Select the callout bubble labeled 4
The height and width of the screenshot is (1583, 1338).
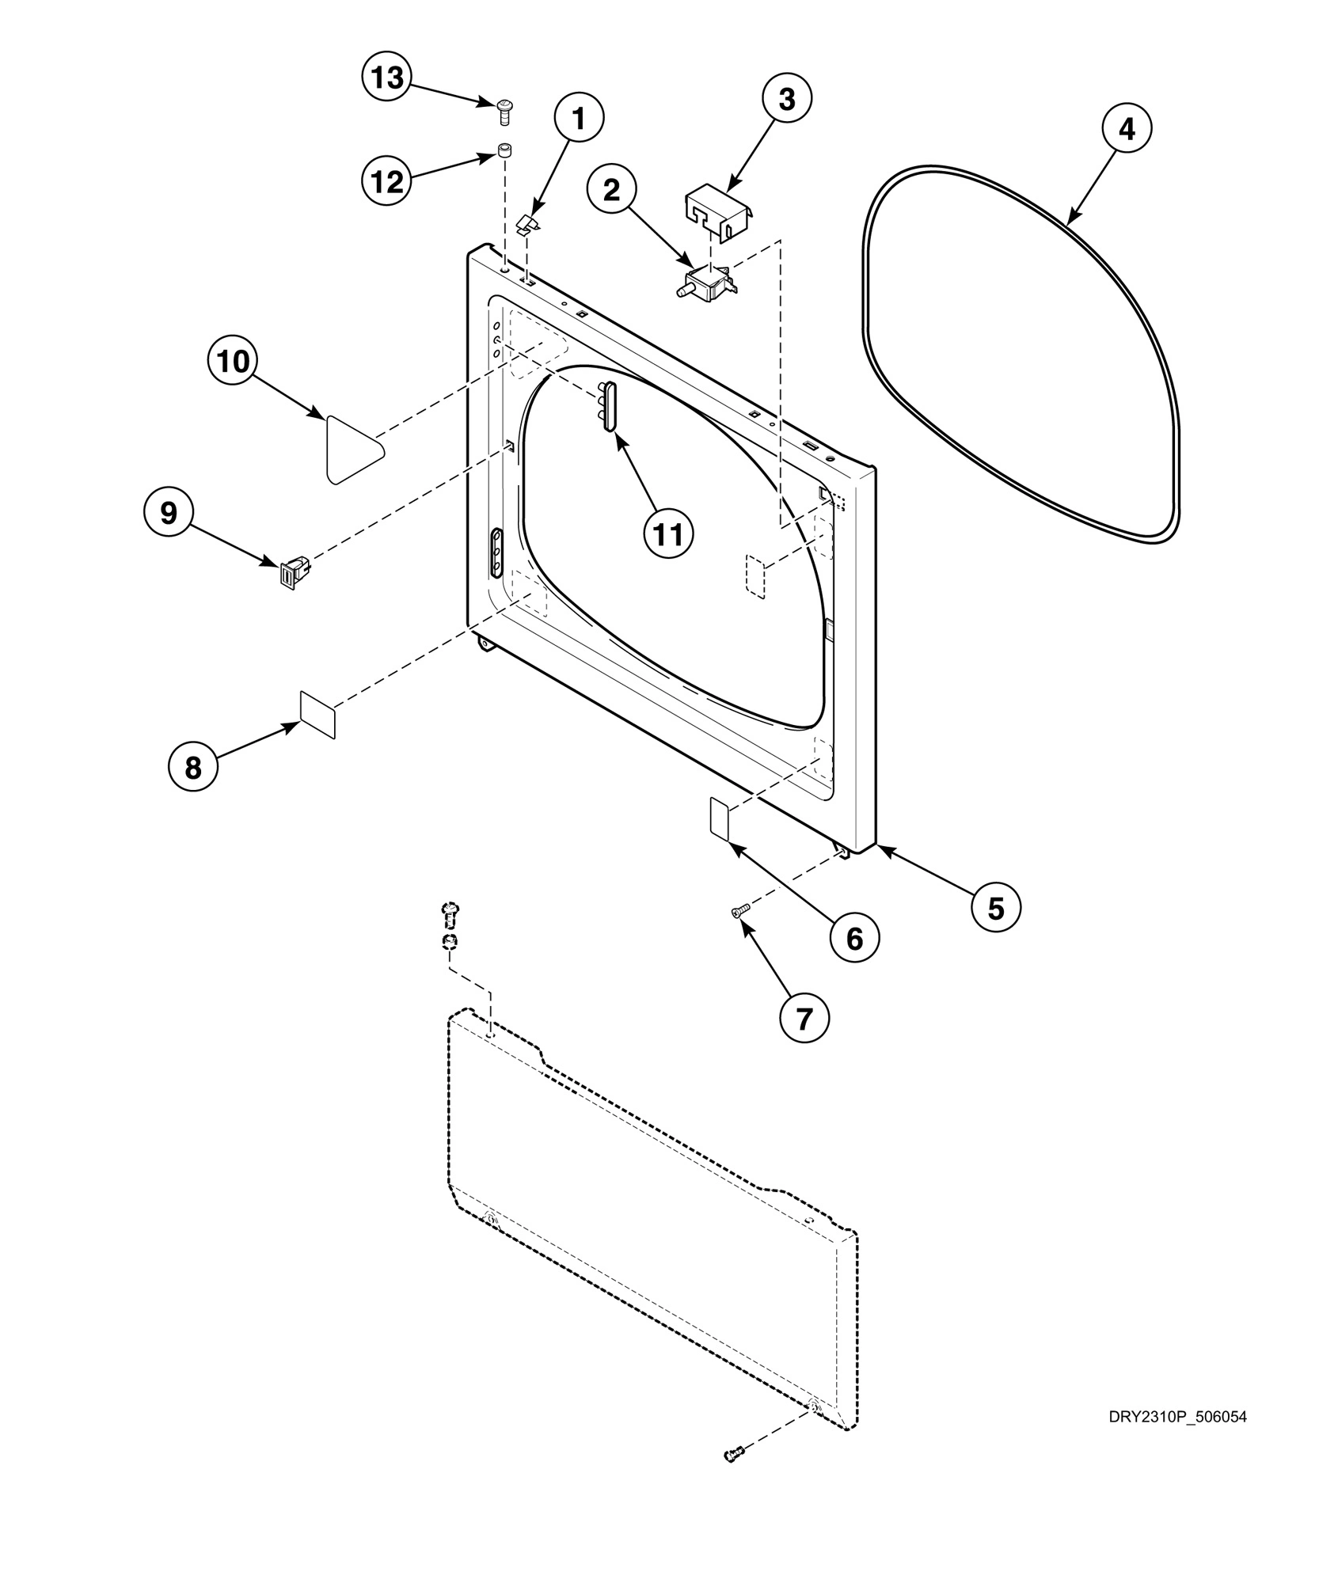[x=1126, y=128]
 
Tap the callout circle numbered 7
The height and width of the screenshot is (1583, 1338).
[x=804, y=1019]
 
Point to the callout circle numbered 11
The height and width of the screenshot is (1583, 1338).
[x=667, y=534]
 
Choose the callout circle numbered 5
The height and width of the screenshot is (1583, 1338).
[x=996, y=908]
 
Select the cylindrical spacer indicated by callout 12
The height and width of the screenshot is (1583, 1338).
[x=503, y=150]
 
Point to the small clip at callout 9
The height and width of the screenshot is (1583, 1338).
[x=291, y=573]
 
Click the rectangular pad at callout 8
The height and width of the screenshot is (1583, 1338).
[x=317, y=714]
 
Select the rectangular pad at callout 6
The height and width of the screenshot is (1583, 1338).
[x=719, y=820]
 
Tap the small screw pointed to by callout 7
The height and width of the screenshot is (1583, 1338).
[x=740, y=913]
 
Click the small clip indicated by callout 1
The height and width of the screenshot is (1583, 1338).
[x=528, y=225]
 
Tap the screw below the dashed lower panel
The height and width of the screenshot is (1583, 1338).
[x=734, y=1455]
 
